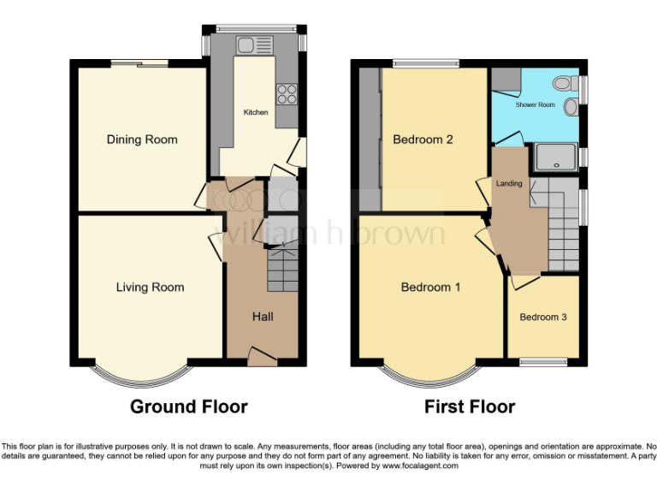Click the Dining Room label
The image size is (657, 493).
coord(142,140)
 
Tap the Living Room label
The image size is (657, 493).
coord(150,288)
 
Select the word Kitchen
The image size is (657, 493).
coord(256,112)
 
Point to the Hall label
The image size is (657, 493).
coord(263,317)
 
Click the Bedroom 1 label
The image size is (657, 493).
coord(430,288)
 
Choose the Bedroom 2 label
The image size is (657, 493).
coord(423,140)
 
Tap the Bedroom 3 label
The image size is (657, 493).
coord(543,318)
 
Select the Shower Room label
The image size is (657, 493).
coord(535,104)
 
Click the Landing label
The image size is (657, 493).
coord(510,183)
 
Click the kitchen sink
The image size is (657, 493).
coord(253,45)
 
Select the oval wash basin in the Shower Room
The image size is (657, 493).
coord(571,109)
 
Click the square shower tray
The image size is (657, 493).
coord(554,157)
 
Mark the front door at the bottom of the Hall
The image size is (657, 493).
coord(262,355)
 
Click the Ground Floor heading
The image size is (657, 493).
coord(189,407)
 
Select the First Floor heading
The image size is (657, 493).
coord(470,407)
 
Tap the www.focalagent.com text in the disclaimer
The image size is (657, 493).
coord(420,466)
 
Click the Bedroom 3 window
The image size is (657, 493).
coord(544,362)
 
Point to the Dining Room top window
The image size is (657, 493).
coord(138,62)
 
